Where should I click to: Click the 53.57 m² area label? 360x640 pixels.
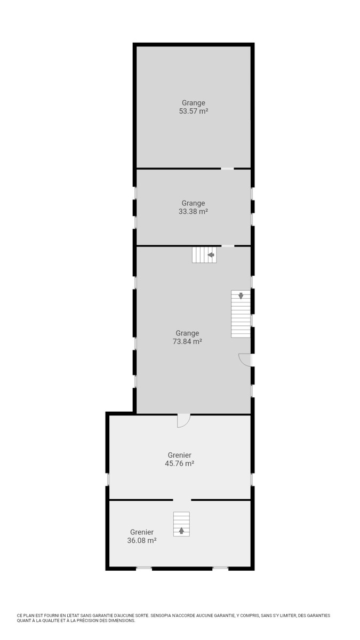pyautogui.click(x=194, y=111)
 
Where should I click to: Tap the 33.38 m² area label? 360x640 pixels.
pyautogui.click(x=193, y=212)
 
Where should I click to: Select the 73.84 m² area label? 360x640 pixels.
pyautogui.click(x=187, y=341)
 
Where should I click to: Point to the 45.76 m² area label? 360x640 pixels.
pyautogui.click(x=179, y=463)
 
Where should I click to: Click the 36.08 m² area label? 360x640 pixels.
pyautogui.click(x=142, y=541)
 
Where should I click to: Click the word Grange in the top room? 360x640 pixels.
pyautogui.click(x=194, y=103)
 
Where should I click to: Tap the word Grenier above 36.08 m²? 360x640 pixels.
pyautogui.click(x=142, y=532)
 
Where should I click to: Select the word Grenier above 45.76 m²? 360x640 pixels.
pyautogui.click(x=179, y=455)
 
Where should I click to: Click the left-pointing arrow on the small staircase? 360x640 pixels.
pyautogui.click(x=211, y=254)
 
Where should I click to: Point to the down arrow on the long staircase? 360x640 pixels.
pyautogui.click(x=241, y=295)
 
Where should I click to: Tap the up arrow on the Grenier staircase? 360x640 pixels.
pyautogui.click(x=181, y=531)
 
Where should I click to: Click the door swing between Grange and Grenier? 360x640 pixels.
pyautogui.click(x=183, y=421)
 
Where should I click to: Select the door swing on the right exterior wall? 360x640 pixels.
pyautogui.click(x=245, y=359)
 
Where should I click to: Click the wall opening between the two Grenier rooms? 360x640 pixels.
pyautogui.click(x=182, y=500)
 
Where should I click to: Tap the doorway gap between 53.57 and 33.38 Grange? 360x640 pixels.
pyautogui.click(x=227, y=169)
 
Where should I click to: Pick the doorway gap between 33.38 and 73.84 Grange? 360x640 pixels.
pyautogui.click(x=228, y=246)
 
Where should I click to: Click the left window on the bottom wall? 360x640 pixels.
pyautogui.click(x=143, y=569)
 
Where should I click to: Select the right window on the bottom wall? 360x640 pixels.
pyautogui.click(x=220, y=569)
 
